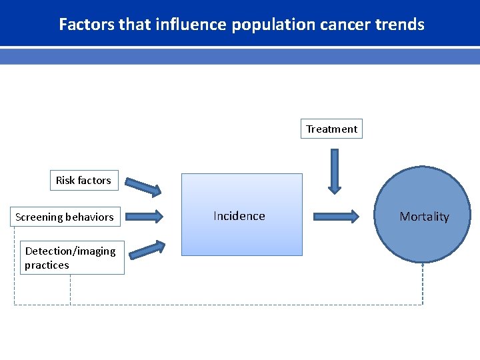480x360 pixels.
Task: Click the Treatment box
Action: pos(331,129)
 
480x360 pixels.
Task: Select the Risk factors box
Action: pos(83,180)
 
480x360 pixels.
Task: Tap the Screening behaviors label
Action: pos(65,217)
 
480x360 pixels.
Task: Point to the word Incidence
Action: pos(239,216)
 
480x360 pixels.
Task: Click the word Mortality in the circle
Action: pos(424,217)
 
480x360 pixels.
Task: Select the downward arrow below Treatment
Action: pos(334,171)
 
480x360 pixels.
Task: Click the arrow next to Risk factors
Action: pos(144,187)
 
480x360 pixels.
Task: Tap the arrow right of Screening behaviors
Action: pos(144,216)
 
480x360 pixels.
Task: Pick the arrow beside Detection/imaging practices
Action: pos(147,249)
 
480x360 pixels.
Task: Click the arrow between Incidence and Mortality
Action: pos(336,216)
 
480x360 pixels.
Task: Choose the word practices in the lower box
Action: pos(47,265)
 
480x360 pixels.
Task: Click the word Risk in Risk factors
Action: pos(65,180)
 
